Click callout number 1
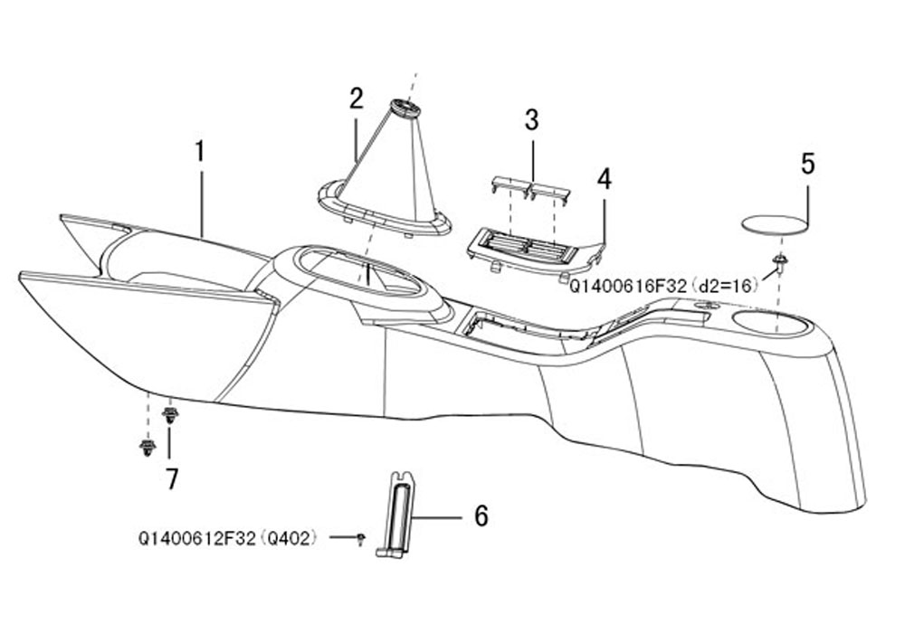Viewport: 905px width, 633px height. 200,151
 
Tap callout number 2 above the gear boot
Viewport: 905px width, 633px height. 356,99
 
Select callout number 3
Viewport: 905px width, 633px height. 531,120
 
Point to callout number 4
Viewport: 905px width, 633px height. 604,179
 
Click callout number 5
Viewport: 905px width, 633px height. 808,164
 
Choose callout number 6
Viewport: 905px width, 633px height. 481,515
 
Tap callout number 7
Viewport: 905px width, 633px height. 171,478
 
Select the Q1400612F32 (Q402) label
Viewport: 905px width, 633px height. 228,538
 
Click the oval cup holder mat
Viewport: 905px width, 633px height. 773,224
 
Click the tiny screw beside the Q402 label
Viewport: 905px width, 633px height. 361,539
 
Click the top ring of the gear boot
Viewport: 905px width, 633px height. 405,108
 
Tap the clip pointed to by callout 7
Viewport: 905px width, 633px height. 170,414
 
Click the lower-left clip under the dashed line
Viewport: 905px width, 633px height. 148,447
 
